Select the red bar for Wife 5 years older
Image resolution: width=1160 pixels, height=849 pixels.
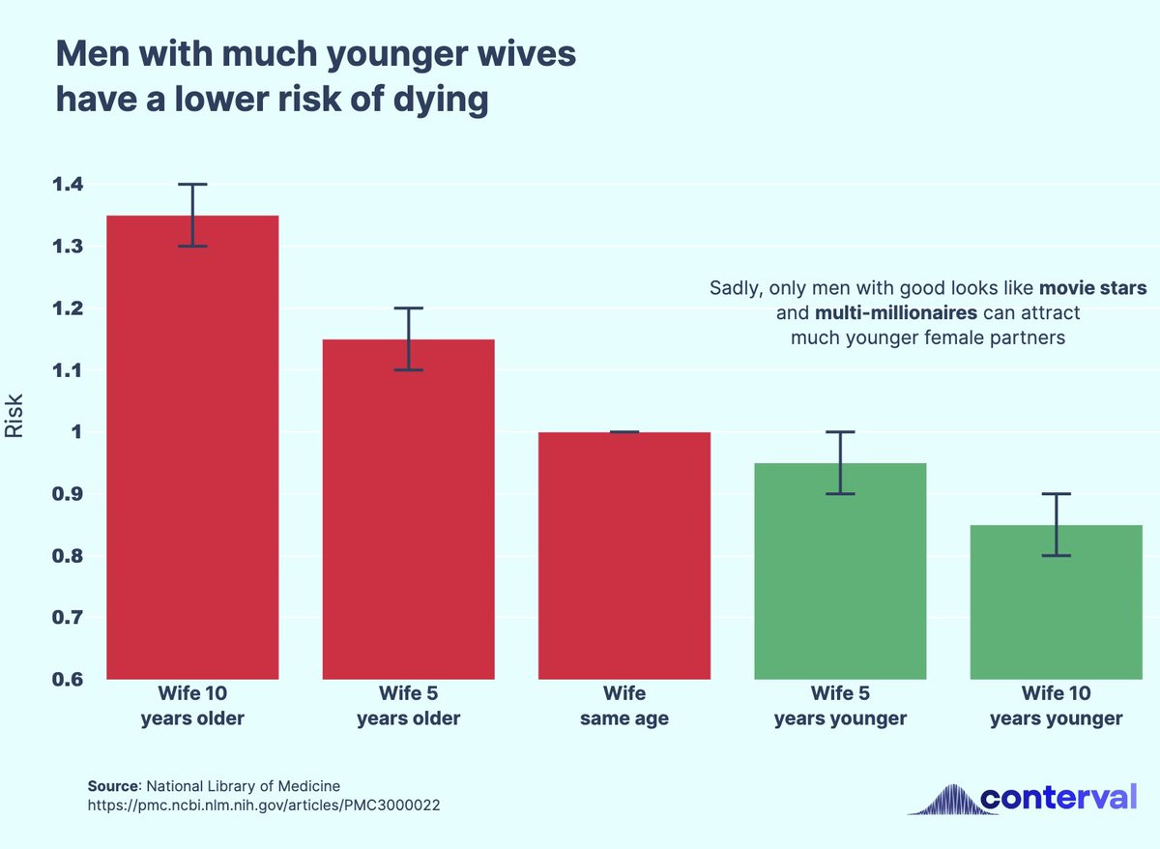(x=408, y=509)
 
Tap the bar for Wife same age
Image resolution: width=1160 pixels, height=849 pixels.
(x=624, y=555)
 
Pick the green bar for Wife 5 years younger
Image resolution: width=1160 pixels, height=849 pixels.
(x=840, y=571)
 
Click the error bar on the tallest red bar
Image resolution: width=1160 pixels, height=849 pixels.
(x=192, y=215)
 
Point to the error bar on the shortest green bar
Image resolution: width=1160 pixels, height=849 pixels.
(x=1057, y=524)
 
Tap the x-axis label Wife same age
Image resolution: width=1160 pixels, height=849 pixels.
(x=624, y=706)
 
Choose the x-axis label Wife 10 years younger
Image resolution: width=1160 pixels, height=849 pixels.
(x=1057, y=706)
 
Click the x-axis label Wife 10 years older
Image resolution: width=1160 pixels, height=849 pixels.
(x=192, y=706)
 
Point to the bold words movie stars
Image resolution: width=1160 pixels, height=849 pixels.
(x=1093, y=288)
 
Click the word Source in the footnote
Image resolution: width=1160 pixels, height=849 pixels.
(x=113, y=785)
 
